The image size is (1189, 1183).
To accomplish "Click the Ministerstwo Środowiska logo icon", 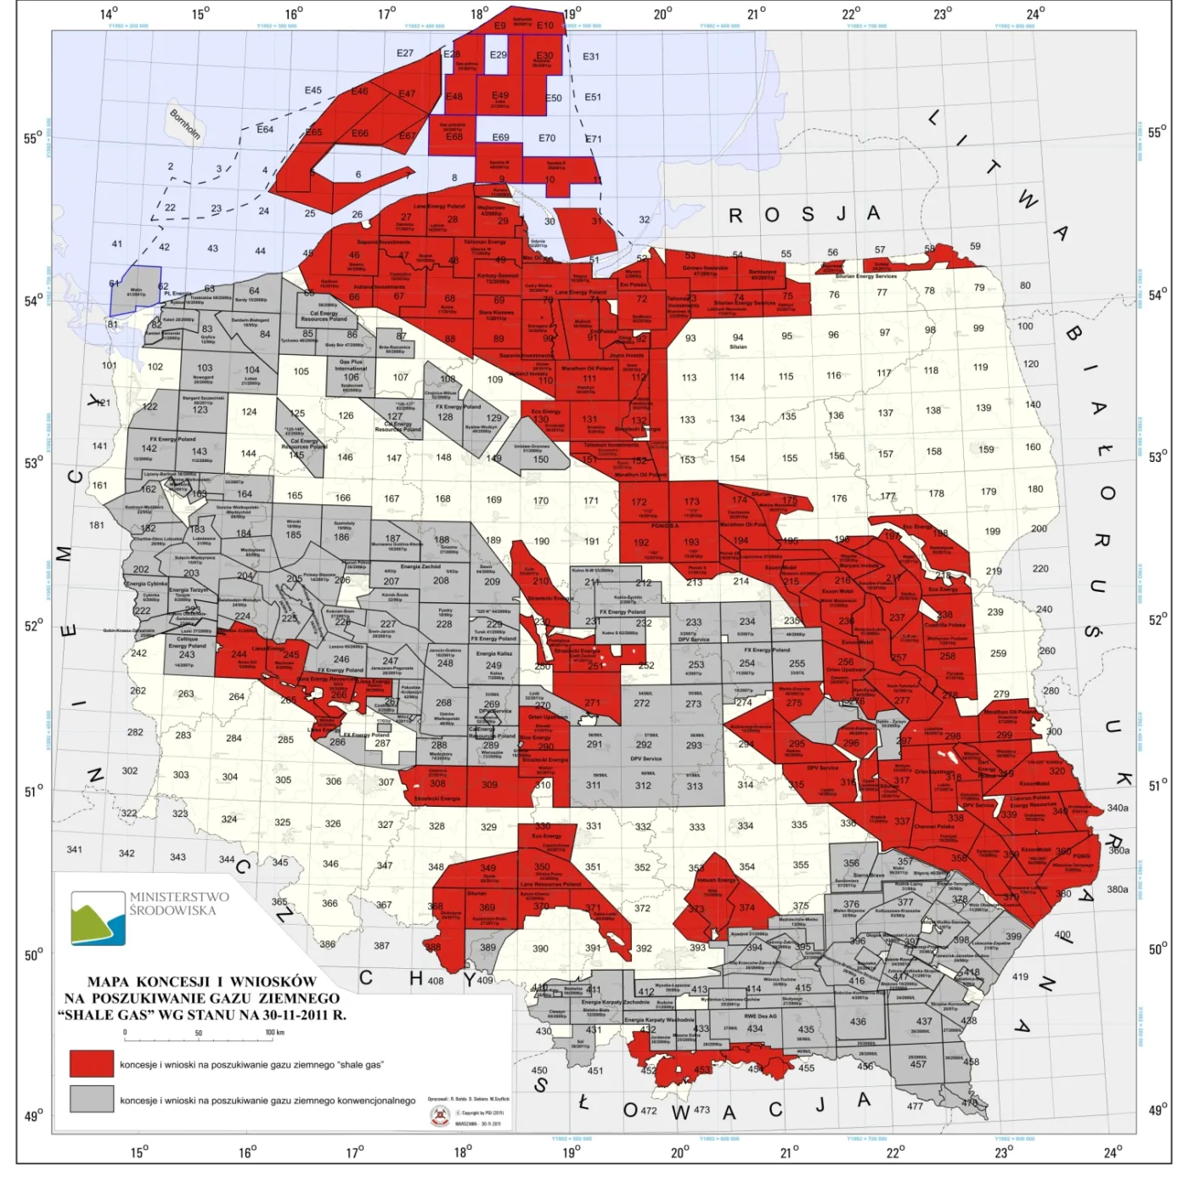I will tap(99, 918).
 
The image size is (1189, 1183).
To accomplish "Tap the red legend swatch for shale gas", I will tap(92, 1063).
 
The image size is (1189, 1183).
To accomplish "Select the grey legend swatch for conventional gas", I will tap(92, 1098).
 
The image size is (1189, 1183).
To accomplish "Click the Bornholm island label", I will tap(185, 125).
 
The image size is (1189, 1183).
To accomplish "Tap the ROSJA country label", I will tap(803, 215).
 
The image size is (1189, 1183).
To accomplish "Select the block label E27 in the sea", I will tap(405, 54).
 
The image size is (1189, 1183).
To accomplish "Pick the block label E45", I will tap(313, 90).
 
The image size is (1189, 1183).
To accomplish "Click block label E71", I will tap(593, 138).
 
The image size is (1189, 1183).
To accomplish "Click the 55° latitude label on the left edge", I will tap(33, 138).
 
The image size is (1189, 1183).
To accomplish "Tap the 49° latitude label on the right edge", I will tap(1157, 1110).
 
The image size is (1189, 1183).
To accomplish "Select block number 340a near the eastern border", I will tap(1118, 808).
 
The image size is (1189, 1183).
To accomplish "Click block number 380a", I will tap(1118, 889).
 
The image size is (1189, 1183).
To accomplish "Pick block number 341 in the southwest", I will tap(75, 849).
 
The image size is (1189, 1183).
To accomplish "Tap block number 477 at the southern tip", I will tap(915, 1106).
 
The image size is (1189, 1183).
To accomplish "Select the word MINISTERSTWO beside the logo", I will tap(179, 897).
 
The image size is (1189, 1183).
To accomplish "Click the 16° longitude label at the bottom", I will tap(247, 1152).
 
